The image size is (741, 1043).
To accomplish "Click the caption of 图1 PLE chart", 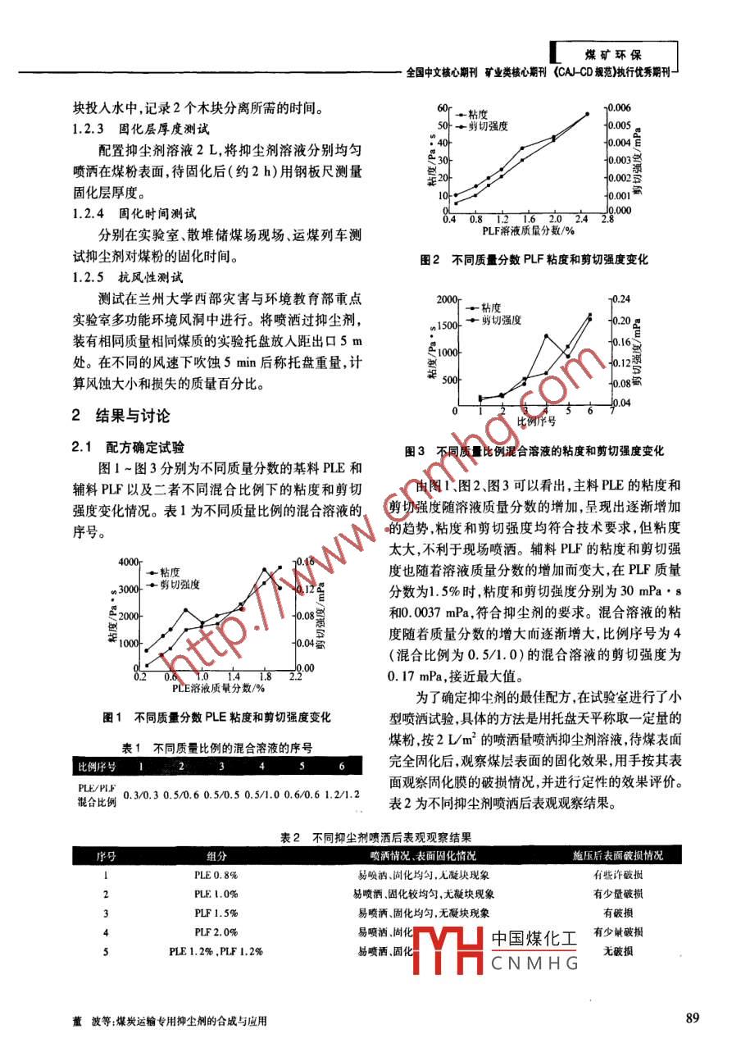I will pyautogui.click(x=216, y=717).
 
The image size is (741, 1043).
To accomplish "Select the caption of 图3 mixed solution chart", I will pyautogui.click(x=534, y=451).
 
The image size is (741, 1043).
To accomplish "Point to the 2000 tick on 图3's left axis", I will pyautogui.click(x=442, y=300).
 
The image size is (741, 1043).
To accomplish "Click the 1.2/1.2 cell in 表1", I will pyautogui.click(x=340, y=794).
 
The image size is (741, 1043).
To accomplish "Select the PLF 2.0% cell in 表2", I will pyautogui.click(x=216, y=932).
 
